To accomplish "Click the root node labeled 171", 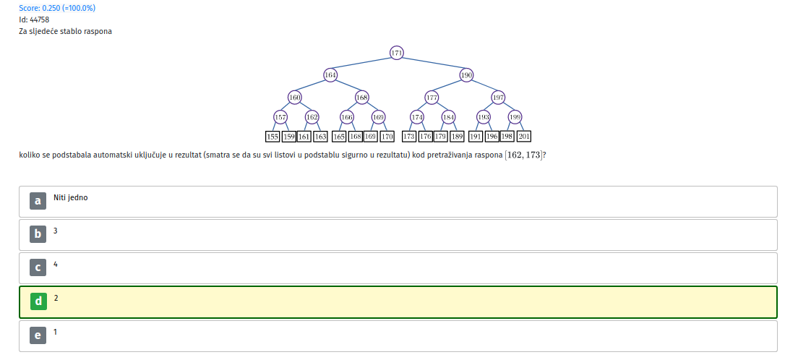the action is (397, 53).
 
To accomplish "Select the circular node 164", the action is (330, 75).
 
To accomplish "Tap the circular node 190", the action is (466, 75).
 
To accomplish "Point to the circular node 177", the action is (432, 98).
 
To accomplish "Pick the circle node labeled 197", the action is (498, 98).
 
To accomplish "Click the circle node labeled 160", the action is (295, 98).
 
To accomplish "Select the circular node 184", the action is (448, 117).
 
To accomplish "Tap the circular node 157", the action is (280, 117).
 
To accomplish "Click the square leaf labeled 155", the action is (273, 137).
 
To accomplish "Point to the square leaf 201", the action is (524, 137).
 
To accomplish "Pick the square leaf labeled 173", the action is (409, 137).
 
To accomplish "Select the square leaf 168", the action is (356, 137).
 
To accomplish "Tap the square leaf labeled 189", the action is (457, 137).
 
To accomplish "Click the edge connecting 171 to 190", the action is (432, 64).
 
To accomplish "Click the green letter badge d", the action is (38, 301).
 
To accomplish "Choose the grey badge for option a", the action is (38, 201).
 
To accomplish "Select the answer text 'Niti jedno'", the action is (71, 197).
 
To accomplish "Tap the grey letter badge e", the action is (38, 335).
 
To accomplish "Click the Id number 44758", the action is (40, 20).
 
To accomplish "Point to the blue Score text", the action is (57, 8).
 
